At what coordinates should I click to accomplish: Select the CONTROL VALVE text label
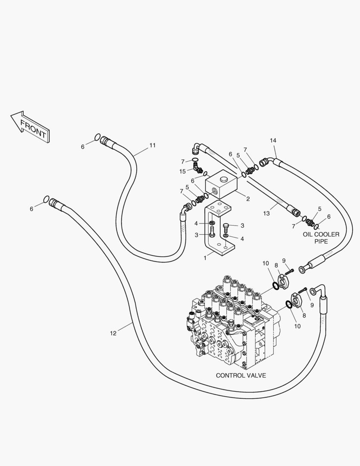(241, 375)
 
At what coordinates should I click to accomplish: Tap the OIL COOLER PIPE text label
(321, 238)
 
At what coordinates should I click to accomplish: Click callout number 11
(152, 145)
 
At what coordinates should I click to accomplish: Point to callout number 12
(113, 333)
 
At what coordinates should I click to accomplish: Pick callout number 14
(273, 140)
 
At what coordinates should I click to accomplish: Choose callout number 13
(266, 213)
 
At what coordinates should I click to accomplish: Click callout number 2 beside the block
(248, 199)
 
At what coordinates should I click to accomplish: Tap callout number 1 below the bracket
(205, 258)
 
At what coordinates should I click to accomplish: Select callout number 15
(182, 171)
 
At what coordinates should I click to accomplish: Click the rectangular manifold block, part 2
(222, 184)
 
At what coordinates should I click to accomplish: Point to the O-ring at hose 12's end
(46, 199)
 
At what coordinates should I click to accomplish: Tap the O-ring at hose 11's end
(97, 137)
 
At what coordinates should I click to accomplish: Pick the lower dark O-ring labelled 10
(288, 304)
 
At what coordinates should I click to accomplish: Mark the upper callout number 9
(284, 261)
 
